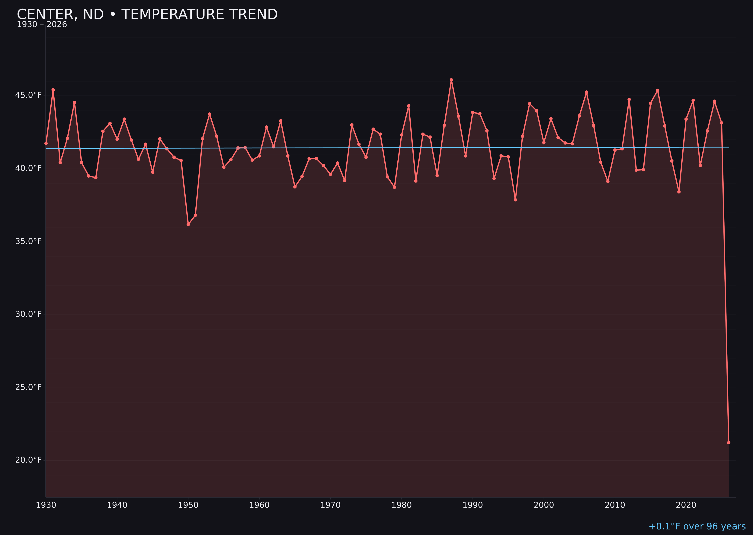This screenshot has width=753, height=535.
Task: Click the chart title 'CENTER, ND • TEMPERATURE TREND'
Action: tap(147, 14)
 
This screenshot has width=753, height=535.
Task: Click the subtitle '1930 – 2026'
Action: tap(42, 25)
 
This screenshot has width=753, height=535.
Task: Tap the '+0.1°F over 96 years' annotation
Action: tap(697, 526)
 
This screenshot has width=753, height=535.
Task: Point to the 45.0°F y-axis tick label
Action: tap(28, 95)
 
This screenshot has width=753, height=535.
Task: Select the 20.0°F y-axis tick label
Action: tap(28, 460)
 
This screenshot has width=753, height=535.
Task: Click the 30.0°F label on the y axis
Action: tap(28, 314)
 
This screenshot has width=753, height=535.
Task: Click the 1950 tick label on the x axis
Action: tap(188, 505)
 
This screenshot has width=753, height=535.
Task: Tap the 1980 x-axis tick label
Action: tap(402, 505)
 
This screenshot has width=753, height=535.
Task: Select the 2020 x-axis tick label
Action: tap(686, 505)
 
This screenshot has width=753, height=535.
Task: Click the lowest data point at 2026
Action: tap(729, 442)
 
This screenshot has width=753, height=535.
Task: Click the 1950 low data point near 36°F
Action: tap(188, 224)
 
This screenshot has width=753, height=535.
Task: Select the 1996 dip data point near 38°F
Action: tap(515, 200)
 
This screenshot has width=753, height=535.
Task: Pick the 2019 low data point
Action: tap(679, 192)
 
